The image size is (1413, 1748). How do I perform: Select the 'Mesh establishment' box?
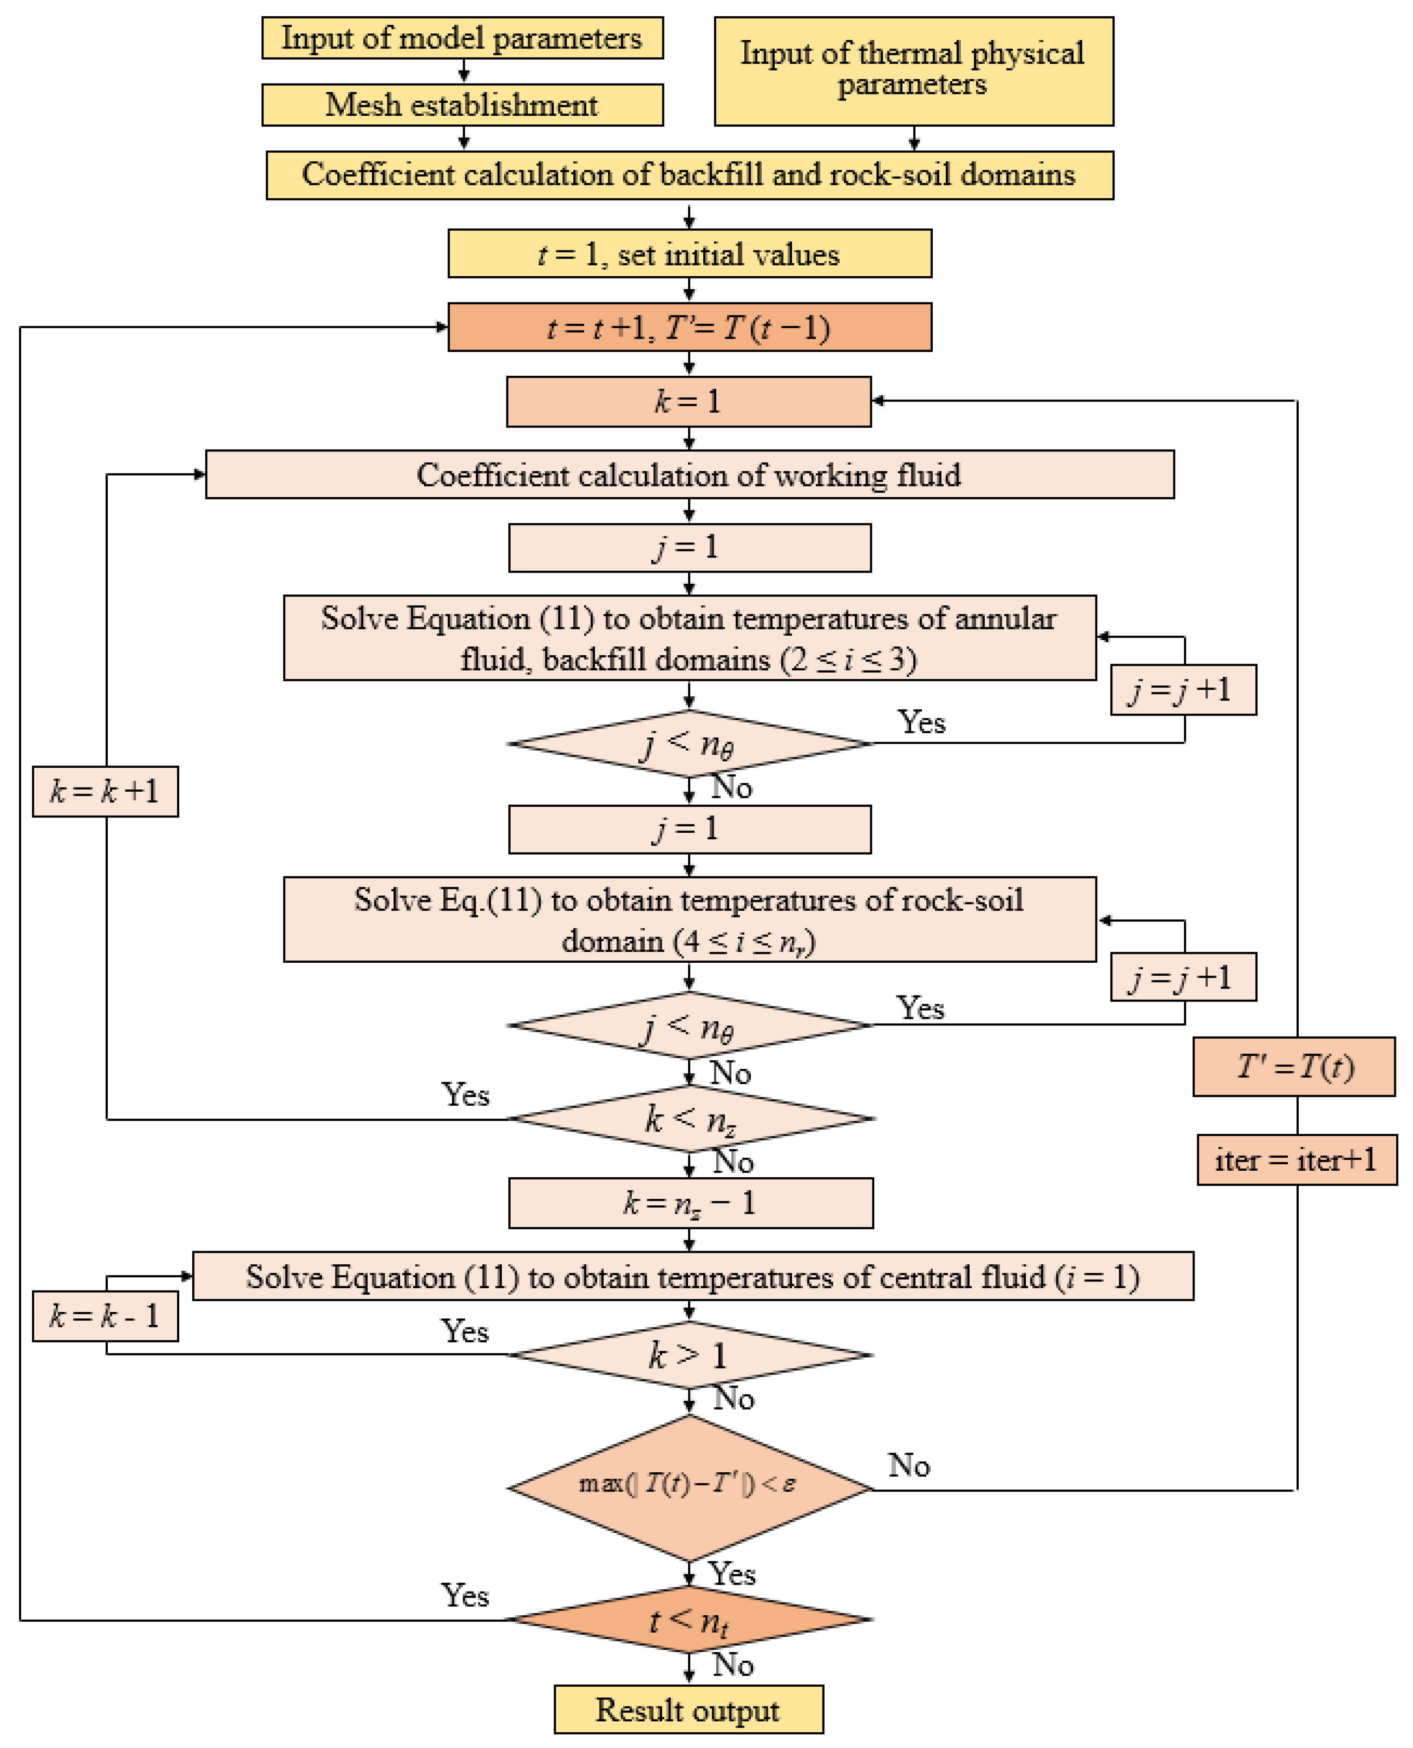[x=462, y=105]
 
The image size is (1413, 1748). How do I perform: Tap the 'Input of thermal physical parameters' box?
[x=914, y=71]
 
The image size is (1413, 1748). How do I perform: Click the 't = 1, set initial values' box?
[x=689, y=254]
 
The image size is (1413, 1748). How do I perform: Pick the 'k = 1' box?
[x=689, y=401]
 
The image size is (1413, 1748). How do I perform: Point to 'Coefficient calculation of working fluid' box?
[x=689, y=474]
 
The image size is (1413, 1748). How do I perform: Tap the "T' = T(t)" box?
[x=1294, y=1067]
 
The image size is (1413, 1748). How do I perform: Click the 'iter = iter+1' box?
[x=1296, y=1160]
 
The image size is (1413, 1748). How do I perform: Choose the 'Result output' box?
[x=689, y=1710]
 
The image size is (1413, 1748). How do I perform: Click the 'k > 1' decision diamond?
[x=689, y=1355]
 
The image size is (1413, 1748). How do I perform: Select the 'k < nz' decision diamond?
[x=689, y=1119]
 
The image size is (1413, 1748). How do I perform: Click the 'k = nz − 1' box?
[x=691, y=1203]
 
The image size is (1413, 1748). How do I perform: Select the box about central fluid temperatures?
[x=693, y=1277]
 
